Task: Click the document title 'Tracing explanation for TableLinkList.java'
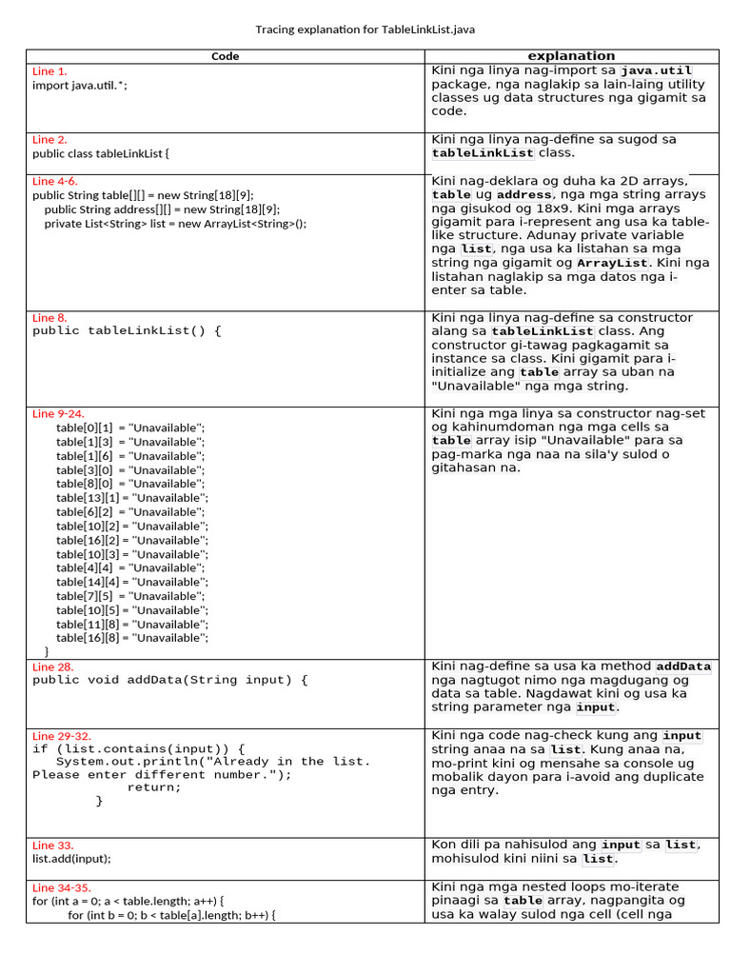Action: [x=365, y=30]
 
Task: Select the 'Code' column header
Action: [x=225, y=56]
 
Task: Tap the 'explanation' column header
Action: [x=571, y=55]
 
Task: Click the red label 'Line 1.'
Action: [x=49, y=71]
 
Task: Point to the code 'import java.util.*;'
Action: [x=79, y=85]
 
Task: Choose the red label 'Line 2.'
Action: [x=49, y=139]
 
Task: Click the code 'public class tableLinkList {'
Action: [x=100, y=152]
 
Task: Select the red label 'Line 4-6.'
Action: [x=55, y=181]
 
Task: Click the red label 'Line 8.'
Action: [x=49, y=318]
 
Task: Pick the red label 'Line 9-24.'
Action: [x=58, y=414]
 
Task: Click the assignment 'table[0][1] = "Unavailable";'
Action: [x=130, y=428]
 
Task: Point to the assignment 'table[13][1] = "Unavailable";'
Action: [x=131, y=498]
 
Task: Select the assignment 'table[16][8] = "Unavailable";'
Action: [x=131, y=638]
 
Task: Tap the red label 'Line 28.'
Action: [x=52, y=667]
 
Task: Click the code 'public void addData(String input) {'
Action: [x=170, y=680]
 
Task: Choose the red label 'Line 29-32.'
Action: [x=62, y=736]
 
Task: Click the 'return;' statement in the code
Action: [x=153, y=787]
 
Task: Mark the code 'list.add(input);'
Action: [x=71, y=858]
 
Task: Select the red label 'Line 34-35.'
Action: [x=62, y=887]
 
